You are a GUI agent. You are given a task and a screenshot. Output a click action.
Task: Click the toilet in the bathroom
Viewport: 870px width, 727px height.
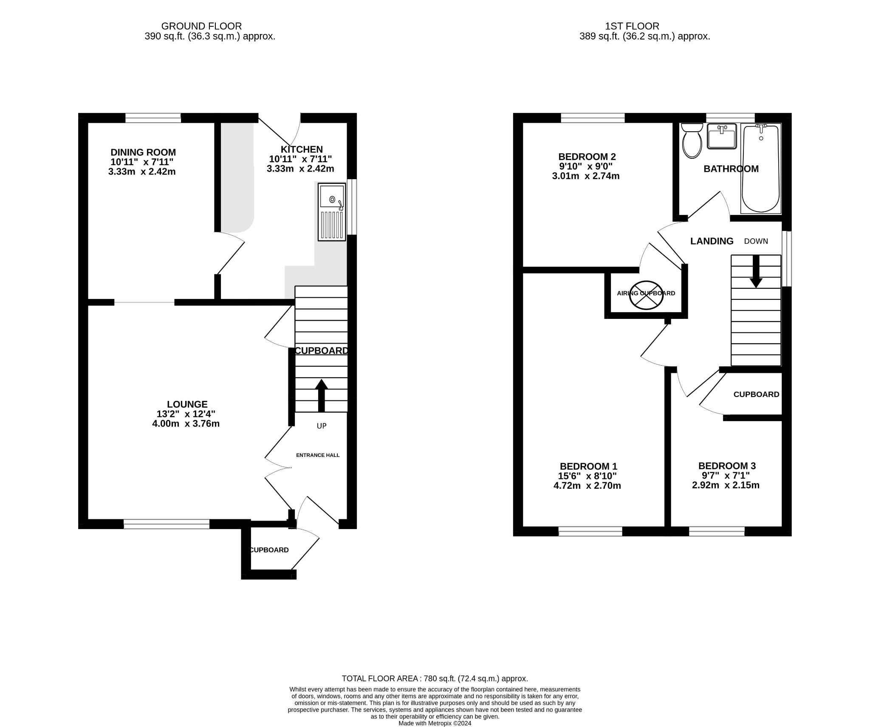(692, 141)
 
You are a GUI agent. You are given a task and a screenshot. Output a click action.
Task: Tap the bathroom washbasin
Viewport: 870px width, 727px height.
(722, 136)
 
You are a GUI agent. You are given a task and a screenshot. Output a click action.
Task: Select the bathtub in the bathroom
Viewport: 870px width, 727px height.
(760, 169)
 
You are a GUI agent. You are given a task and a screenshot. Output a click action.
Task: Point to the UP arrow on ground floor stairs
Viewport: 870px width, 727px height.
(321, 395)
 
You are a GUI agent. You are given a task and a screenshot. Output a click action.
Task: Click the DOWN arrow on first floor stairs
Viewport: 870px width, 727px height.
(756, 272)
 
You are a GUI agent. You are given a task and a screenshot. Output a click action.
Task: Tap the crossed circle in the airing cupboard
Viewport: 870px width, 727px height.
(646, 295)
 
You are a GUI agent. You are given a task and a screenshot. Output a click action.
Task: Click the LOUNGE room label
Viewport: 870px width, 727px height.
(187, 404)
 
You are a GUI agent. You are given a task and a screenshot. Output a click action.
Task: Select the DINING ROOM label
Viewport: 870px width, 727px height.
(143, 152)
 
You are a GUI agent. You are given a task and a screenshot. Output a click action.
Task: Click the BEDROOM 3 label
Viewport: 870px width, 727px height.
(726, 466)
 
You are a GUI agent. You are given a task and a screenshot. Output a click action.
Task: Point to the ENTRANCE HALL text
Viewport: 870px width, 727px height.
(318, 455)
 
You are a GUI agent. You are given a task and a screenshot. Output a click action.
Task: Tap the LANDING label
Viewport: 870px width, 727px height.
(712, 241)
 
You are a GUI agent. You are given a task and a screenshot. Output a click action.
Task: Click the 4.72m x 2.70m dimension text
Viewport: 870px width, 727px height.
(587, 486)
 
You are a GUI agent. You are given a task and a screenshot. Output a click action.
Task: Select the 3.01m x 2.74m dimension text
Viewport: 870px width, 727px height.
(585, 176)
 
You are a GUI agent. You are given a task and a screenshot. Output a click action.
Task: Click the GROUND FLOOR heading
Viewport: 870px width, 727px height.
(201, 26)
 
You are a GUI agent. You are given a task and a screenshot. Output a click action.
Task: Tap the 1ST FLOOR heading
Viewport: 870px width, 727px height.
(632, 26)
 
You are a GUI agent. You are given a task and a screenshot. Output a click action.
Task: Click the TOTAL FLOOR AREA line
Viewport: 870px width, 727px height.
(435, 679)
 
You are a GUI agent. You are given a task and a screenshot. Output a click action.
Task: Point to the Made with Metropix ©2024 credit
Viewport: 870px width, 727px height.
(435, 723)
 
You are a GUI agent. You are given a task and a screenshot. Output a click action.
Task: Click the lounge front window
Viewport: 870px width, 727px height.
(167, 524)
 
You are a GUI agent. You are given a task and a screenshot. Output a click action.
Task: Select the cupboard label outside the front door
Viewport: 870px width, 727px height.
(269, 550)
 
